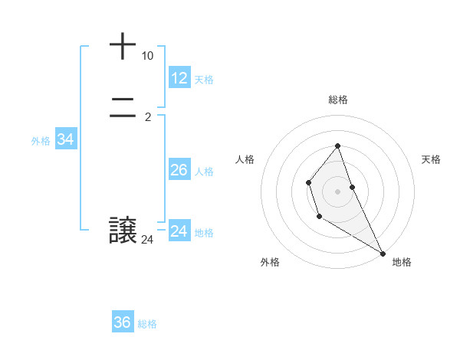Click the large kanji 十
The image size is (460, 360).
[x=123, y=46]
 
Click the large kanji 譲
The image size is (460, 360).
[x=123, y=231]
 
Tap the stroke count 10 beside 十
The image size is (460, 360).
[x=147, y=56]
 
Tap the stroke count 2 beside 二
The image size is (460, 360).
[x=147, y=117]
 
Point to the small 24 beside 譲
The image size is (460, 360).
[x=147, y=240]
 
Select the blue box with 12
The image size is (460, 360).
[x=179, y=78]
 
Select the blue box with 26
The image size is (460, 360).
[x=179, y=170]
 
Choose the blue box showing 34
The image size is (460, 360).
[x=65, y=139]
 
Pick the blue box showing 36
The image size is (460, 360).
[x=123, y=322]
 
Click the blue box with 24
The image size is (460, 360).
[x=179, y=231]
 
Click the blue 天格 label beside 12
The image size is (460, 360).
[x=204, y=80]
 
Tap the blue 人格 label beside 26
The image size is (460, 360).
[x=204, y=172]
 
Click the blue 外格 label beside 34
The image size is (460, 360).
[x=41, y=141]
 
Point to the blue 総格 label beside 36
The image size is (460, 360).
[x=147, y=324]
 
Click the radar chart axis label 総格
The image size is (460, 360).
[x=338, y=100]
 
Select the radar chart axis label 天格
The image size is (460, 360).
[x=431, y=159]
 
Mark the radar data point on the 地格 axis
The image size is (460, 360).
[x=383, y=254]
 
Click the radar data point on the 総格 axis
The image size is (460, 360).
[x=338, y=146]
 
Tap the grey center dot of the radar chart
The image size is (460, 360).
[x=338, y=191]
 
